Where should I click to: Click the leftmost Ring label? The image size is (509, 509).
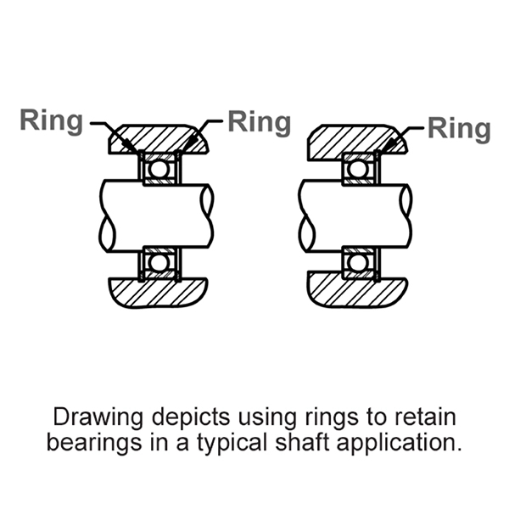point(53,121)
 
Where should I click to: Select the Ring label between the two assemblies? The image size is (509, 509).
point(259,121)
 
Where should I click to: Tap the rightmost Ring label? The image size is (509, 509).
point(459,129)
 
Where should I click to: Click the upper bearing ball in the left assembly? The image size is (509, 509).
point(158,169)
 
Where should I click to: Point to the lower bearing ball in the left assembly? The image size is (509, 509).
point(158,262)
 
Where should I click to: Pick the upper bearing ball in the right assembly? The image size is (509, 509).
point(358,169)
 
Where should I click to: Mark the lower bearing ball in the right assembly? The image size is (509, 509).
point(358,262)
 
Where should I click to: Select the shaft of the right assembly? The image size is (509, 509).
point(356,215)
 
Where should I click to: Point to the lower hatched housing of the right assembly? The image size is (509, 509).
point(356,294)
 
